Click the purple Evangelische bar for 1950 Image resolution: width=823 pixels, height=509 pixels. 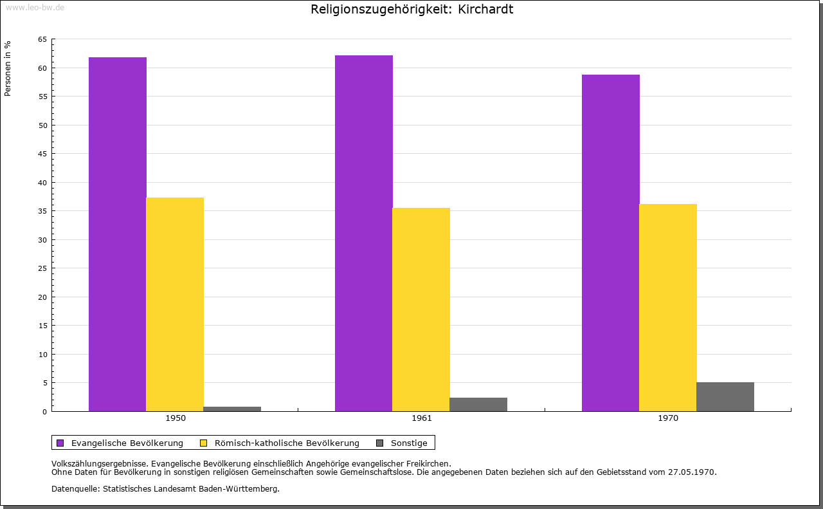tap(118, 234)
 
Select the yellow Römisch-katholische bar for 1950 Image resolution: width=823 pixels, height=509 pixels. tap(175, 304)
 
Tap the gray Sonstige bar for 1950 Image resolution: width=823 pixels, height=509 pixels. tap(232, 409)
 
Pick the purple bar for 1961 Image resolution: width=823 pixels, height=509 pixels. tap(364, 233)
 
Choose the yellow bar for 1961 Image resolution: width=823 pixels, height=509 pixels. tap(421, 310)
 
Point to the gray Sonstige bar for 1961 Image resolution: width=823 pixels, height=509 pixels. tap(478, 404)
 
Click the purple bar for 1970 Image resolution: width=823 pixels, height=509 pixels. tap(611, 243)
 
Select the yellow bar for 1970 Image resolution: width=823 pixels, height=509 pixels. tap(668, 308)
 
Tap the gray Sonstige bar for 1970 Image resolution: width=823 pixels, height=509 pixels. tap(725, 396)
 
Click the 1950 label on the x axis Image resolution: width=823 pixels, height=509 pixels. tap(176, 418)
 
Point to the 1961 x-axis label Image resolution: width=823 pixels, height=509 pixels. tap(422, 418)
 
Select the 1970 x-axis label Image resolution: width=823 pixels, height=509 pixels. tap(668, 418)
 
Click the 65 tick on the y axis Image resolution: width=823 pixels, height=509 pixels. tap(42, 39)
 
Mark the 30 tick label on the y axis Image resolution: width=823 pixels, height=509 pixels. tap(42, 240)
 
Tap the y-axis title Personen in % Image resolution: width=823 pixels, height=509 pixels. tap(8, 68)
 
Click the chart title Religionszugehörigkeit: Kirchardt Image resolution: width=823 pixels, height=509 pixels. tap(411, 10)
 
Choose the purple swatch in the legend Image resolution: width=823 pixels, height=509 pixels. tap(60, 443)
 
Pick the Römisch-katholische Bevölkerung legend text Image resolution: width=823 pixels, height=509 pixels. tap(287, 443)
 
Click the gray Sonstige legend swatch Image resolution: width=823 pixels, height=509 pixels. tap(379, 443)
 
